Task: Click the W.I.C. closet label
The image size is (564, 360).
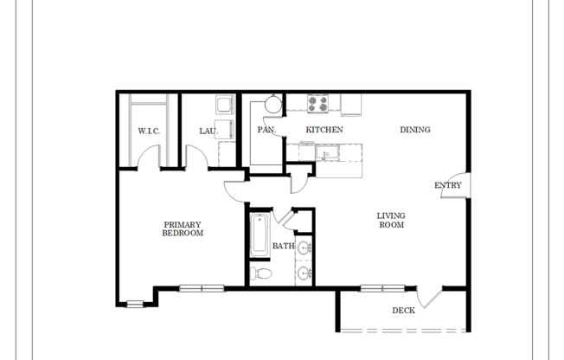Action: pos(149,131)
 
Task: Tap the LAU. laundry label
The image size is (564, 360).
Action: pos(208,131)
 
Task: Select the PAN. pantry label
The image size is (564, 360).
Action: pos(266,130)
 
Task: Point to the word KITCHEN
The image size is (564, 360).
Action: pos(324,130)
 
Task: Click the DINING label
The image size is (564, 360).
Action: pos(414,130)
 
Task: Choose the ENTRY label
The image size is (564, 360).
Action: pos(447,185)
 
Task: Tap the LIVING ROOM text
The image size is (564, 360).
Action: pos(391,220)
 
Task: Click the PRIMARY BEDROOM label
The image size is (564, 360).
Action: pos(183,228)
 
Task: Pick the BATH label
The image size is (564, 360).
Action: pos(283,246)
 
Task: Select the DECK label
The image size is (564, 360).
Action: pos(403,310)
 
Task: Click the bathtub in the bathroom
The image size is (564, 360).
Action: pos(259,235)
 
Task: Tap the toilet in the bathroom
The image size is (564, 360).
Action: pos(261,273)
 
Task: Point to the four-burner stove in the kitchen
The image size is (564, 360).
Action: pos(318,104)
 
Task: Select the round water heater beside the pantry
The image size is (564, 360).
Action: pos(272,105)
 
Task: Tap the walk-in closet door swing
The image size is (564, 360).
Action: pos(149,159)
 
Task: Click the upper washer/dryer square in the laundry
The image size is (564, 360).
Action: pos(223,106)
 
